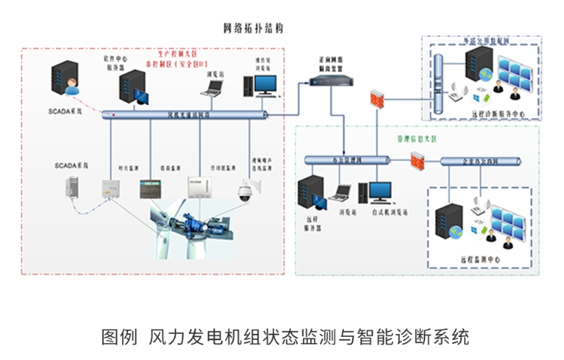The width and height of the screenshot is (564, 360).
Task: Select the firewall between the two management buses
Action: coord(418,161)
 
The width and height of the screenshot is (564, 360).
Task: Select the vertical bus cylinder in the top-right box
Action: coord(439,81)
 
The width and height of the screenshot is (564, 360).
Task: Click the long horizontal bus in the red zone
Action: coord(184,115)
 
